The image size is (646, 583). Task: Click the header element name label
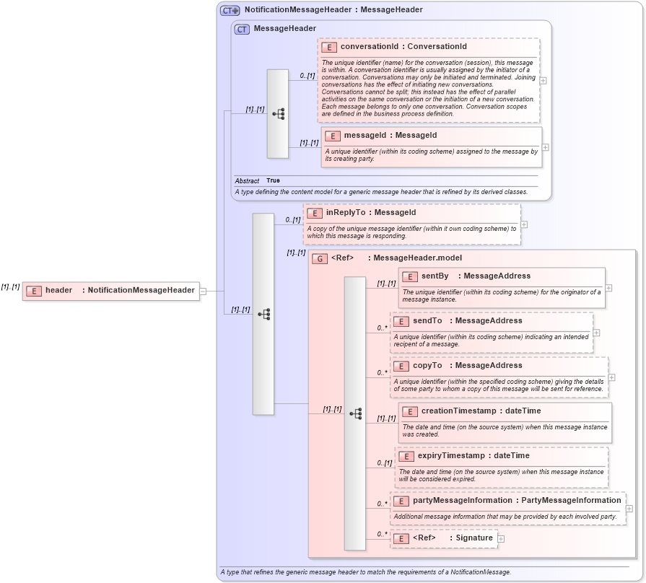coord(58,290)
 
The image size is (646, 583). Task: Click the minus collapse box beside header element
coord(203,291)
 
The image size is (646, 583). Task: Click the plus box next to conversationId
coord(543,80)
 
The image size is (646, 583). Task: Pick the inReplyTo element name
coord(346,213)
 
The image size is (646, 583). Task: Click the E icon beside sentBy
coord(409,276)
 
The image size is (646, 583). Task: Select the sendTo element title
coord(427,320)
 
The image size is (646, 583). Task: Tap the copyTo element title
coord(427,365)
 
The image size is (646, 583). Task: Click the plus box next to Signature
coord(501,538)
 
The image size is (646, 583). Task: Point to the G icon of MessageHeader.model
coord(320,258)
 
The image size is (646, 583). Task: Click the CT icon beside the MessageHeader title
coord(242,29)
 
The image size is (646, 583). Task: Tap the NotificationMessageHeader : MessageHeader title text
coord(333,10)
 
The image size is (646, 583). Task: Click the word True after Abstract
coord(273,180)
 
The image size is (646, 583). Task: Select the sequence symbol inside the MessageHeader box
coord(278,114)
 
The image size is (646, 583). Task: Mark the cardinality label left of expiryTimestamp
coord(384,463)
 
